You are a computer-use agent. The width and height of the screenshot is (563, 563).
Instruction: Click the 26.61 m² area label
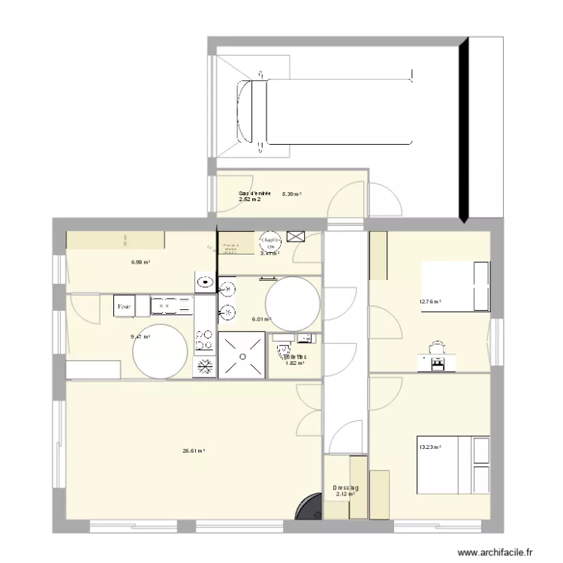[x=194, y=451]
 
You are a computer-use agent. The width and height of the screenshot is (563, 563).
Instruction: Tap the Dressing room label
[x=346, y=488]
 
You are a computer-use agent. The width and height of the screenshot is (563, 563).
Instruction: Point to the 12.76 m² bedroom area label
[x=430, y=303]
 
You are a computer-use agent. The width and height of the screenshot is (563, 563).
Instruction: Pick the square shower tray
[x=242, y=356]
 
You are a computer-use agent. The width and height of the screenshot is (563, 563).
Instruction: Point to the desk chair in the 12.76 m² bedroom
[x=436, y=347]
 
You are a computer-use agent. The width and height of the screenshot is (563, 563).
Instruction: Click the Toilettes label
[x=295, y=357]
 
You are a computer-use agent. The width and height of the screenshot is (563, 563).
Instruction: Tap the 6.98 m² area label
[x=140, y=263]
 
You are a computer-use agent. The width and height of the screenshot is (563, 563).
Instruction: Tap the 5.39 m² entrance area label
[x=292, y=194]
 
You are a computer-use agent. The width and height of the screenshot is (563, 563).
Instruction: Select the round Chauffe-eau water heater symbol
[x=269, y=241]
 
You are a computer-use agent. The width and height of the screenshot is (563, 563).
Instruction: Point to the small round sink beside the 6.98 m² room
[x=205, y=283]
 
